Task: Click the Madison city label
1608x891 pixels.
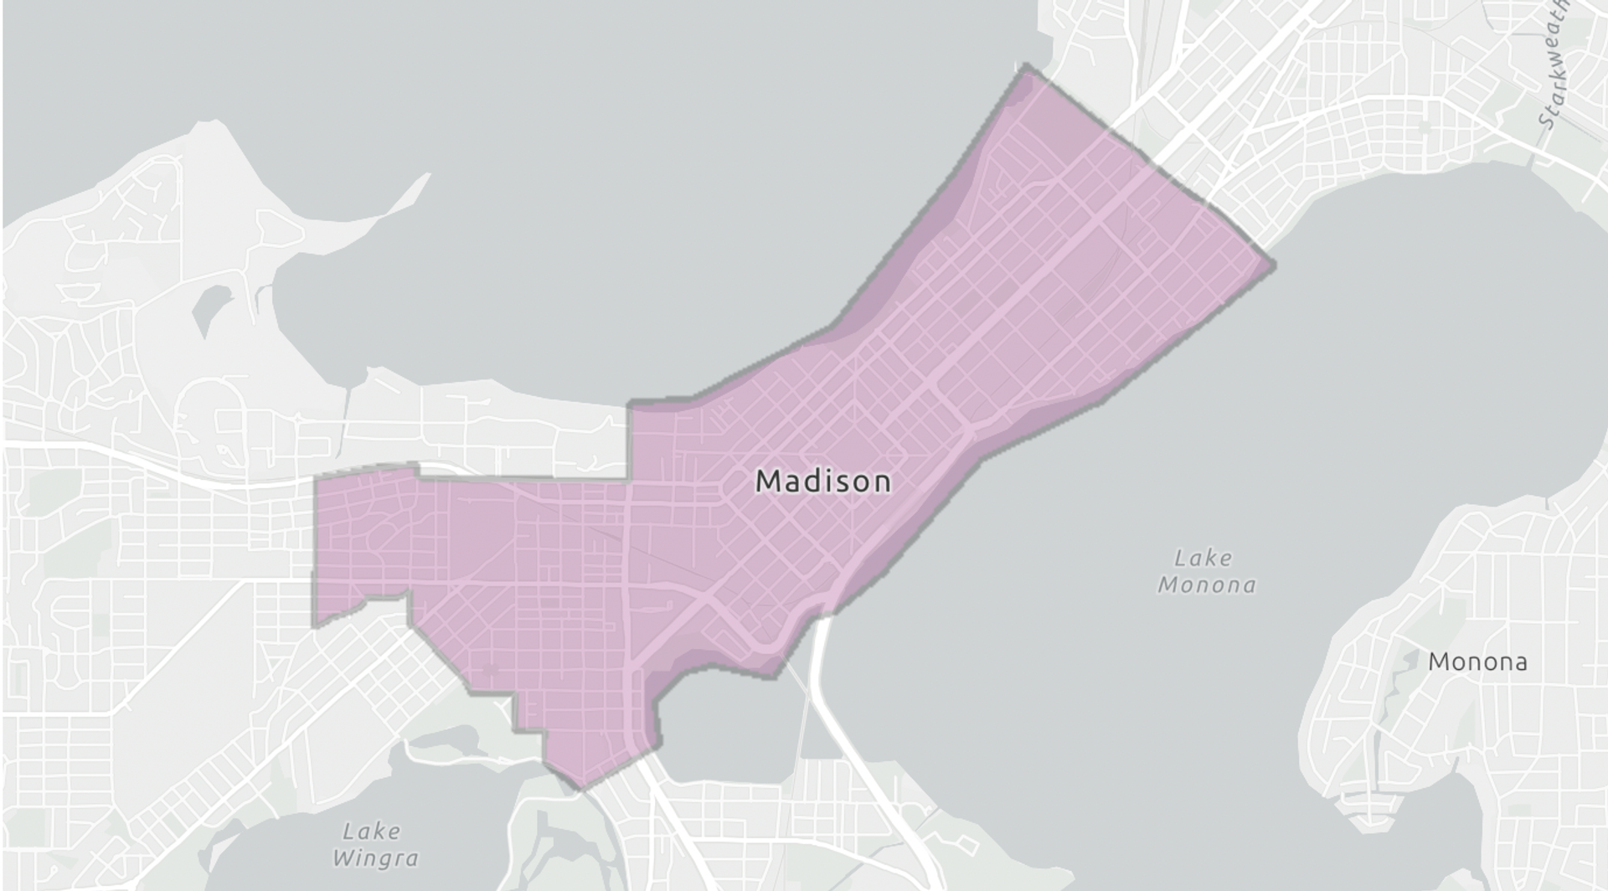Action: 823,482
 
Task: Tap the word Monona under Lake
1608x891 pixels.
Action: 1207,585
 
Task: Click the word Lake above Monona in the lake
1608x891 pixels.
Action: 1203,558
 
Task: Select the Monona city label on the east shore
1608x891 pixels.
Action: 1477,662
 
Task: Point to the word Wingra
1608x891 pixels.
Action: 374,858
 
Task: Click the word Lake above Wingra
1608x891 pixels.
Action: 371,832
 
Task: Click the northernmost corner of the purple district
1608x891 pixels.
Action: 1023,66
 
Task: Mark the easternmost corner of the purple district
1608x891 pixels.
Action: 1273,265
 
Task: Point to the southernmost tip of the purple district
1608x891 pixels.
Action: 580,788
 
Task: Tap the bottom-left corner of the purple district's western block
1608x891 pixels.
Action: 315,625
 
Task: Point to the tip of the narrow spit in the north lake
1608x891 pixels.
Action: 427,175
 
